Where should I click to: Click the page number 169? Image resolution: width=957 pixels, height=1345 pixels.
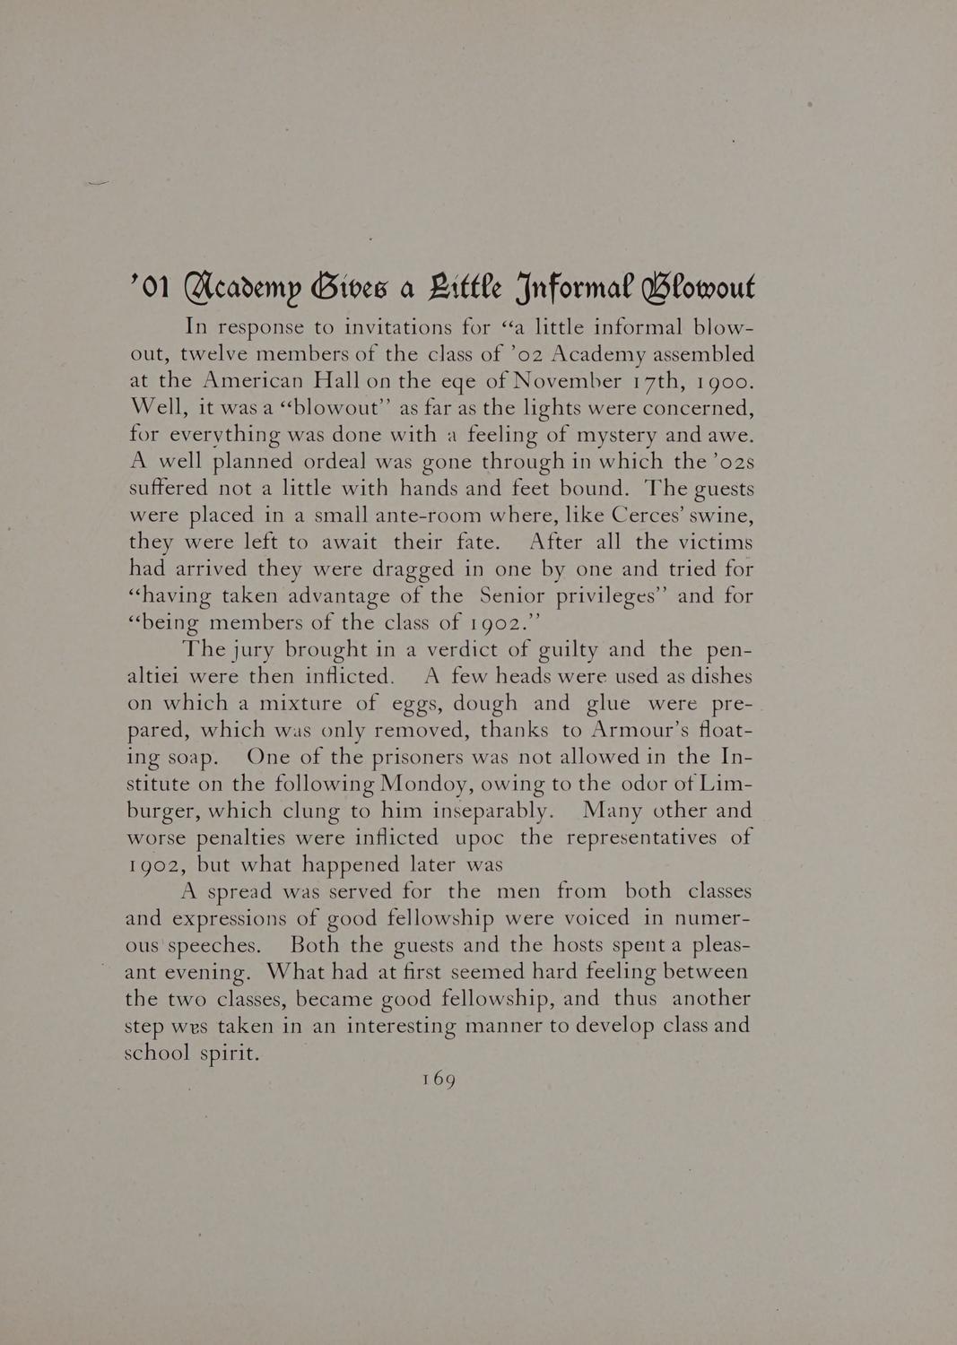[x=439, y=1080]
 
